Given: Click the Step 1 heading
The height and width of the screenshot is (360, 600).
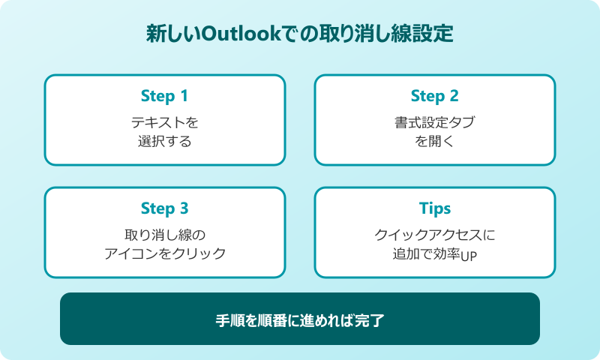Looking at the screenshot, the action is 164,96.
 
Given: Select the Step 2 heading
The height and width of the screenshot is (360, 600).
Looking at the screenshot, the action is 434,96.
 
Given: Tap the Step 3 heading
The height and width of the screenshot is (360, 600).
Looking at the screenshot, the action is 164,208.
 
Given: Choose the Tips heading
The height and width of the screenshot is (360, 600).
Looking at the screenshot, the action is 435,208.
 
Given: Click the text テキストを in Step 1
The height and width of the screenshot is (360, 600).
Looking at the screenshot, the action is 165,121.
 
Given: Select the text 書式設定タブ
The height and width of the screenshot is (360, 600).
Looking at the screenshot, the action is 435,121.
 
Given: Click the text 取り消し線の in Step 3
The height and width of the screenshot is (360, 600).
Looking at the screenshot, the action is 165,234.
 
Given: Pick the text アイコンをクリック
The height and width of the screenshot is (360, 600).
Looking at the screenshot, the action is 165,253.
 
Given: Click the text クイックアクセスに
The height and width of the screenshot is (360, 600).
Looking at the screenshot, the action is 435,234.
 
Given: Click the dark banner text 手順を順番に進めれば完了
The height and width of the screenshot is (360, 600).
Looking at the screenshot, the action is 300,319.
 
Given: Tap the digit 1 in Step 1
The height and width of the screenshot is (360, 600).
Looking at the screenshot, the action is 184,96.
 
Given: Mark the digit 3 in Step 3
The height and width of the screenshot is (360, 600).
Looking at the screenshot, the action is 184,208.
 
